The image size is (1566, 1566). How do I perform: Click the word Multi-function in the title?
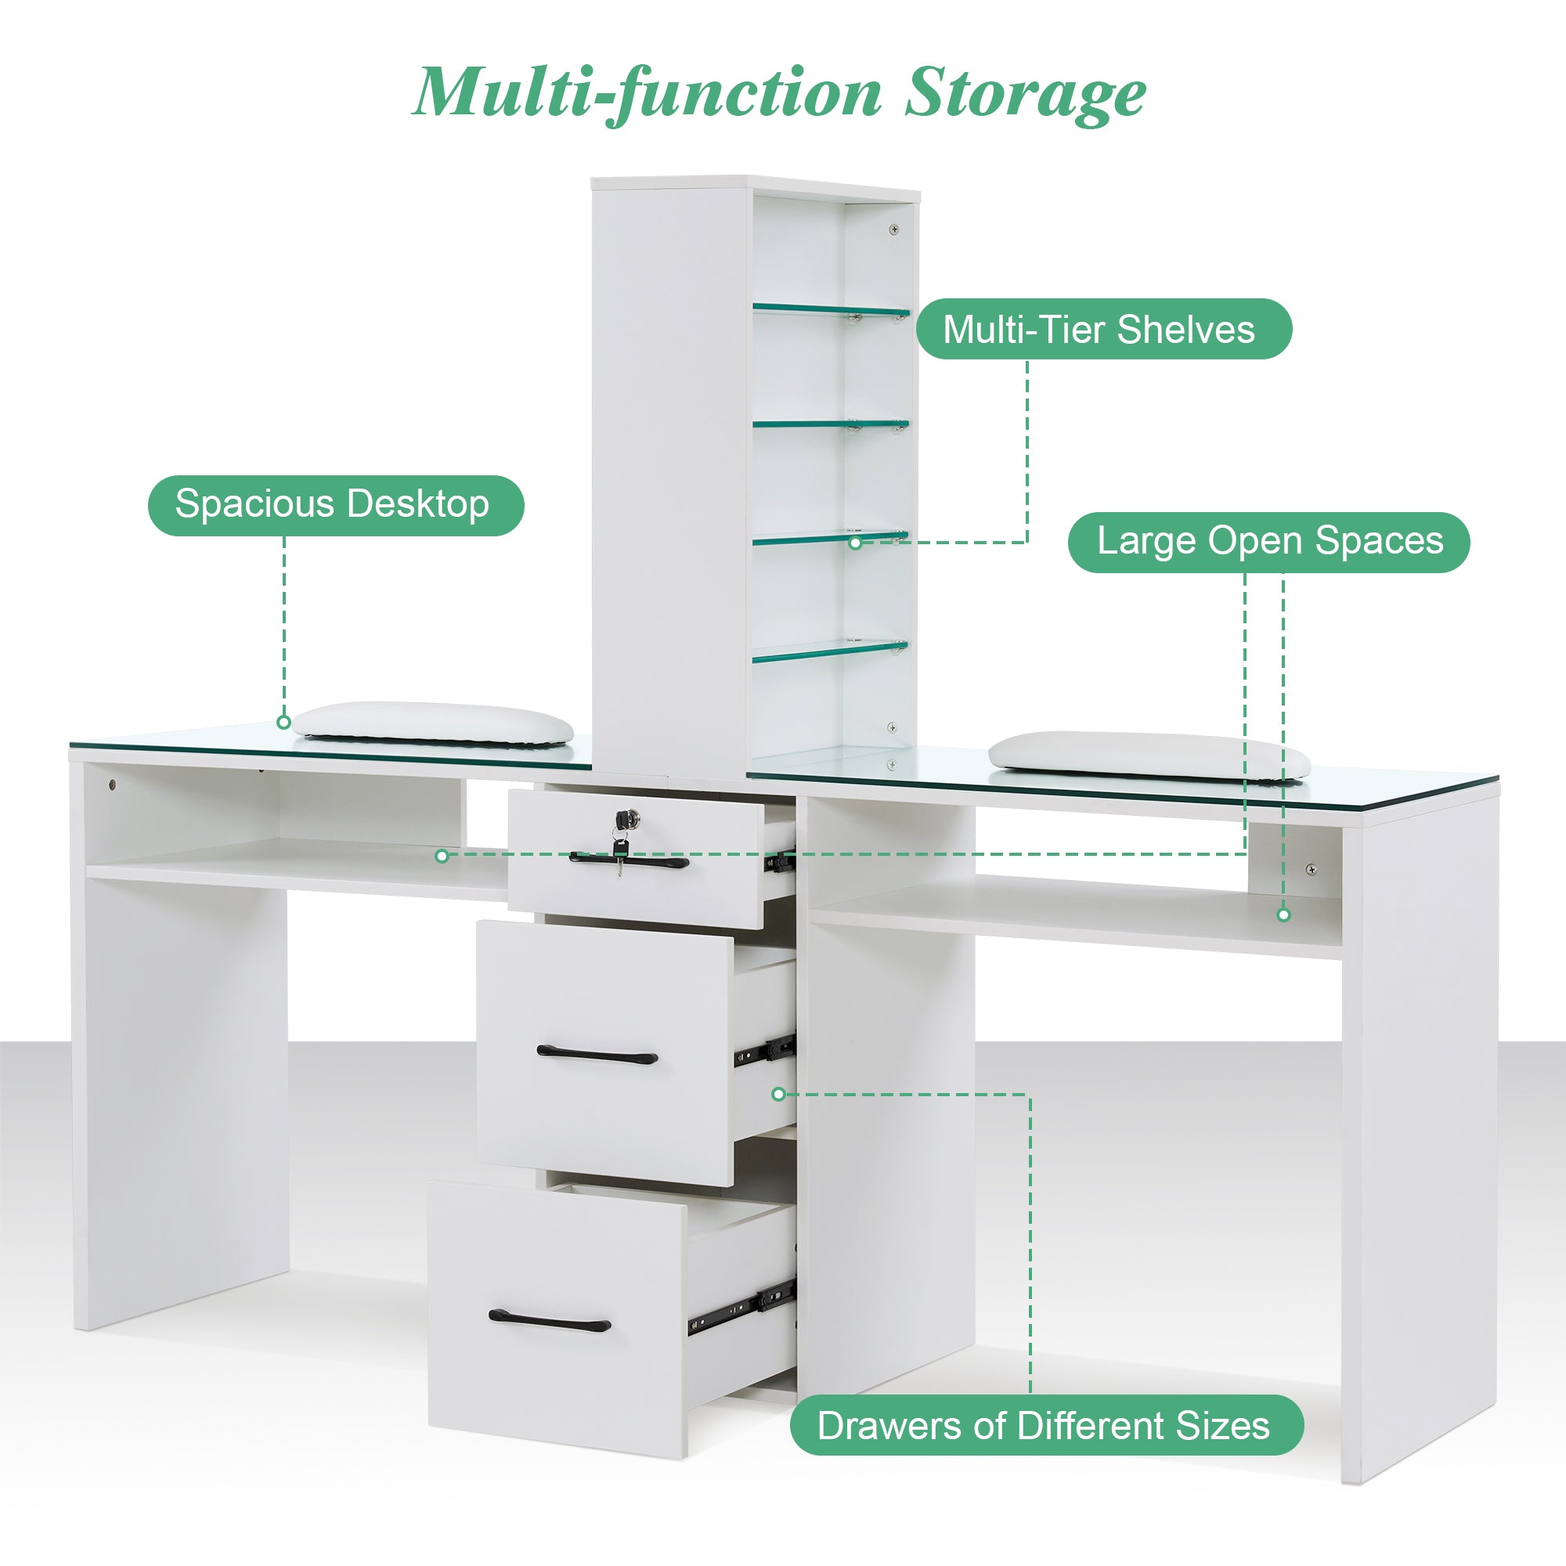647,93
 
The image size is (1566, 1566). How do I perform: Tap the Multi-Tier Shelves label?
1103,329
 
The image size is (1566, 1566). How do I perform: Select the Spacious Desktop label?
336,505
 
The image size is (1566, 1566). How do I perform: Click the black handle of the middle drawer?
597,1055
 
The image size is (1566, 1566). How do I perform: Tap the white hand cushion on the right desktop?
1147,755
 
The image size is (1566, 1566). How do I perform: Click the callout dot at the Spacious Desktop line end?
283,722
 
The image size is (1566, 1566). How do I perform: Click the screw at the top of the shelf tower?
894,229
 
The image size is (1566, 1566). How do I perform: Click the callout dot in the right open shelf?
1283,915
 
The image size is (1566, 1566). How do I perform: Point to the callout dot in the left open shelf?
442,856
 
